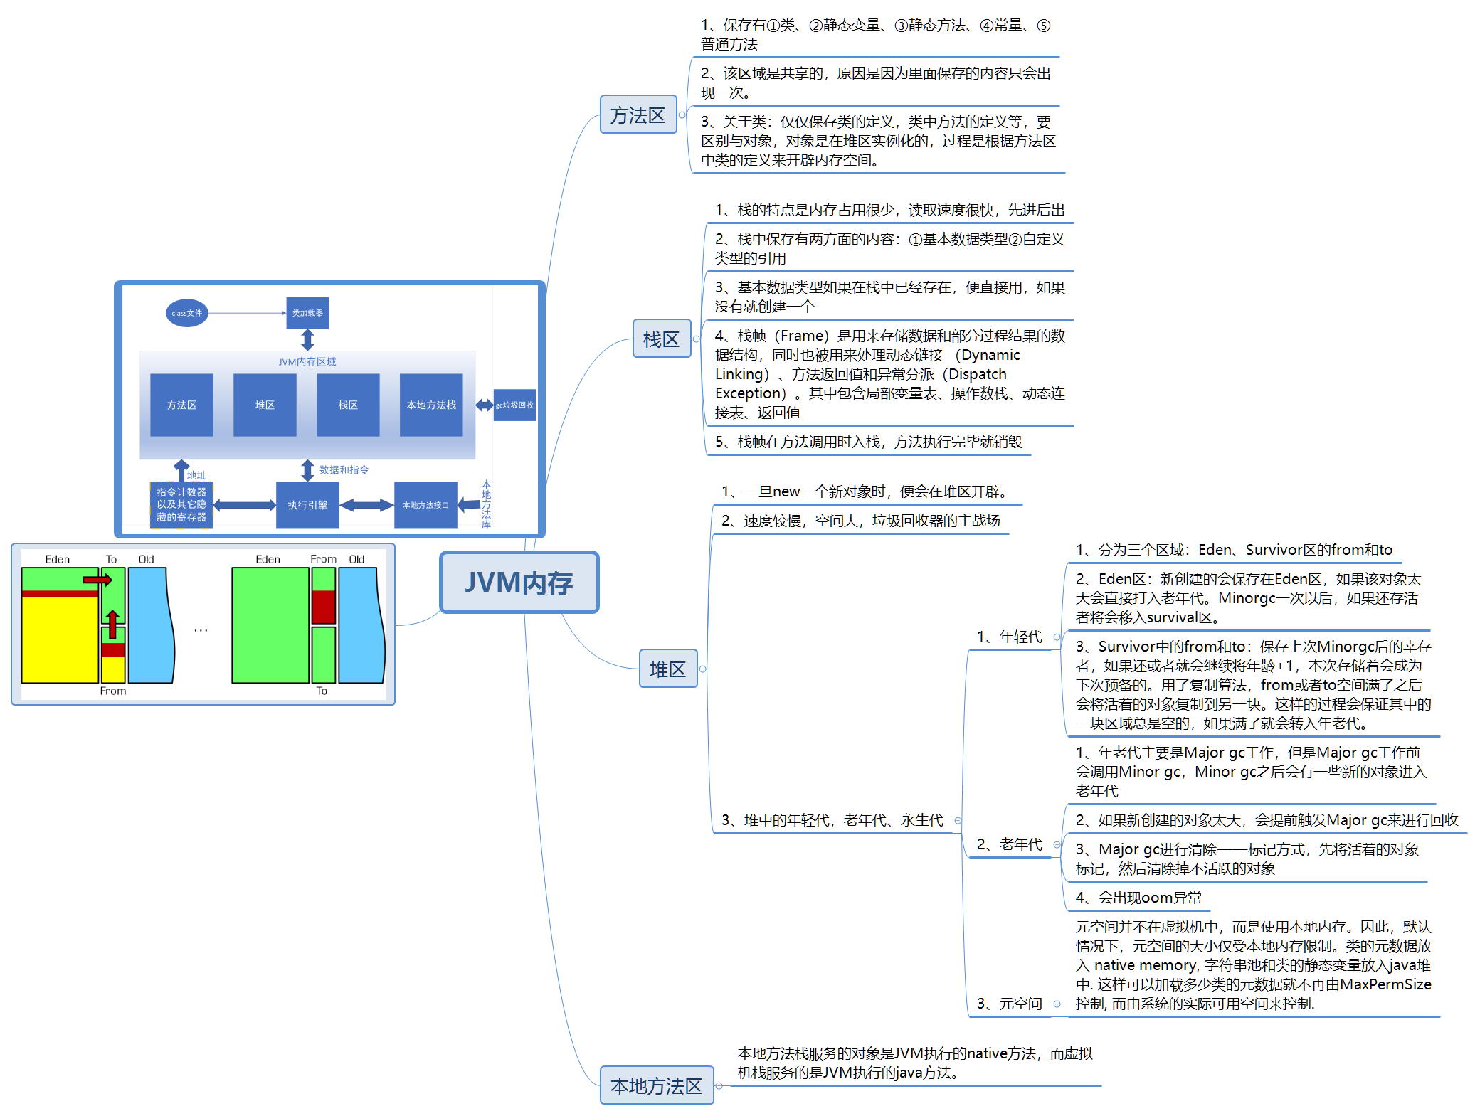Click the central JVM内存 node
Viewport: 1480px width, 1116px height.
[x=519, y=582]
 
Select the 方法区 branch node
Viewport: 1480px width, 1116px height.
[x=638, y=115]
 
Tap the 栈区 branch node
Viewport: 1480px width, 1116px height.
[x=661, y=339]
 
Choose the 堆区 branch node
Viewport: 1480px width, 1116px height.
[x=667, y=669]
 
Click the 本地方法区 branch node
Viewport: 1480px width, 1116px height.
[x=656, y=1085]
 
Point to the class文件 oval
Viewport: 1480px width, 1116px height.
[x=186, y=313]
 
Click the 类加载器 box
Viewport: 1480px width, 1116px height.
[x=307, y=313]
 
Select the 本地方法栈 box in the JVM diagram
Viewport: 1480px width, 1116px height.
[x=431, y=405]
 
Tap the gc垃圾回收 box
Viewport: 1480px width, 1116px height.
[x=514, y=405]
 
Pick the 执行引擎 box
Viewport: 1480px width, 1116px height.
[x=307, y=505]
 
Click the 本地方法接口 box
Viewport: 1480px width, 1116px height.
[x=425, y=505]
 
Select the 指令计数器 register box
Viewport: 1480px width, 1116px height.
[x=181, y=505]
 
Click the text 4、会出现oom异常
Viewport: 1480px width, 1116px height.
[x=1138, y=898]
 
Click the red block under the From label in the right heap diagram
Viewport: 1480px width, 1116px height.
[x=323, y=606]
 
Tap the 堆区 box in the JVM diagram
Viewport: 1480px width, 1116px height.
[x=265, y=405]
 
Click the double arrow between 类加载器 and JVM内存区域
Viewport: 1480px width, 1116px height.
[x=307, y=340]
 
